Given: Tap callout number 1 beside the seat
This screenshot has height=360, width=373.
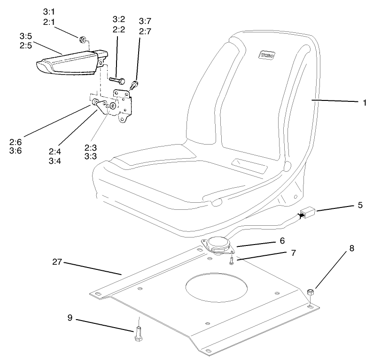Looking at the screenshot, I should [x=364, y=103].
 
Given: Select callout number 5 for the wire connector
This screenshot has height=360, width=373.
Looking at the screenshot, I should [x=360, y=205].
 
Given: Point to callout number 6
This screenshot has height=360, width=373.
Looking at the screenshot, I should [x=282, y=240].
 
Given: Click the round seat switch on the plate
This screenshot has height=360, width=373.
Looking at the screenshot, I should [x=218, y=245].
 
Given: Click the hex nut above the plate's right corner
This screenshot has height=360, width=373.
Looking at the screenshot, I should [x=311, y=294].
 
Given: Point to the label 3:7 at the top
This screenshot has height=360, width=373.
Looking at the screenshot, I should [x=145, y=21].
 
